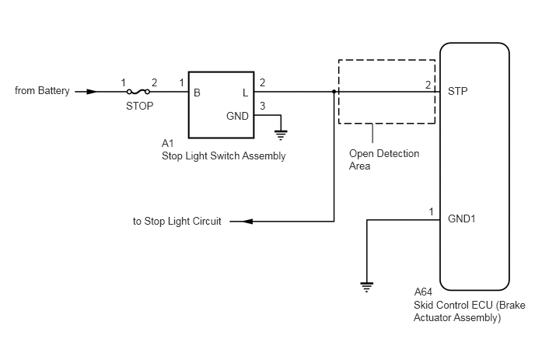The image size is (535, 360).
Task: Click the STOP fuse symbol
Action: tap(138, 92)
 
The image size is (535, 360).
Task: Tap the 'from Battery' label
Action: tap(42, 91)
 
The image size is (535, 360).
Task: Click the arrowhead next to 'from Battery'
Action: tap(92, 92)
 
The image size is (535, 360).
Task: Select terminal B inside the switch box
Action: tap(197, 93)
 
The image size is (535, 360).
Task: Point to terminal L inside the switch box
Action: tap(245, 93)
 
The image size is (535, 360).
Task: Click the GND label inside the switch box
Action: tap(237, 116)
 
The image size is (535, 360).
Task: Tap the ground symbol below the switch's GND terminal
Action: tap(281, 135)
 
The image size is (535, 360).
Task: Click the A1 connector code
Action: tap(167, 143)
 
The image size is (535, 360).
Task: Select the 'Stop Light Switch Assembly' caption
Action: tap(223, 156)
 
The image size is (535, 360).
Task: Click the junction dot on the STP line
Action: tap(334, 92)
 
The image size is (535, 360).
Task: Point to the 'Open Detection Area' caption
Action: tap(384, 159)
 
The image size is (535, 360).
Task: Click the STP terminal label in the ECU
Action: tap(457, 91)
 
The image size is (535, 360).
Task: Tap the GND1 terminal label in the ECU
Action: tap(461, 218)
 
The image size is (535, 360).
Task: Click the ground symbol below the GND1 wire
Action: tap(367, 288)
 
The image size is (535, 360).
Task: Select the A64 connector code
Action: tap(423, 292)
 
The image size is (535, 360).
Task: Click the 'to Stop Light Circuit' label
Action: tap(177, 221)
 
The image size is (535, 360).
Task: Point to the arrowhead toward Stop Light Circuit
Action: tap(247, 222)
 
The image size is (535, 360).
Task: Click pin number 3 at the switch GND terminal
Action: tap(262, 106)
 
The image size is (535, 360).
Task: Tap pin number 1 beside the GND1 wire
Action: tap(431, 212)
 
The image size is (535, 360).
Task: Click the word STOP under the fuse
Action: tap(139, 106)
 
